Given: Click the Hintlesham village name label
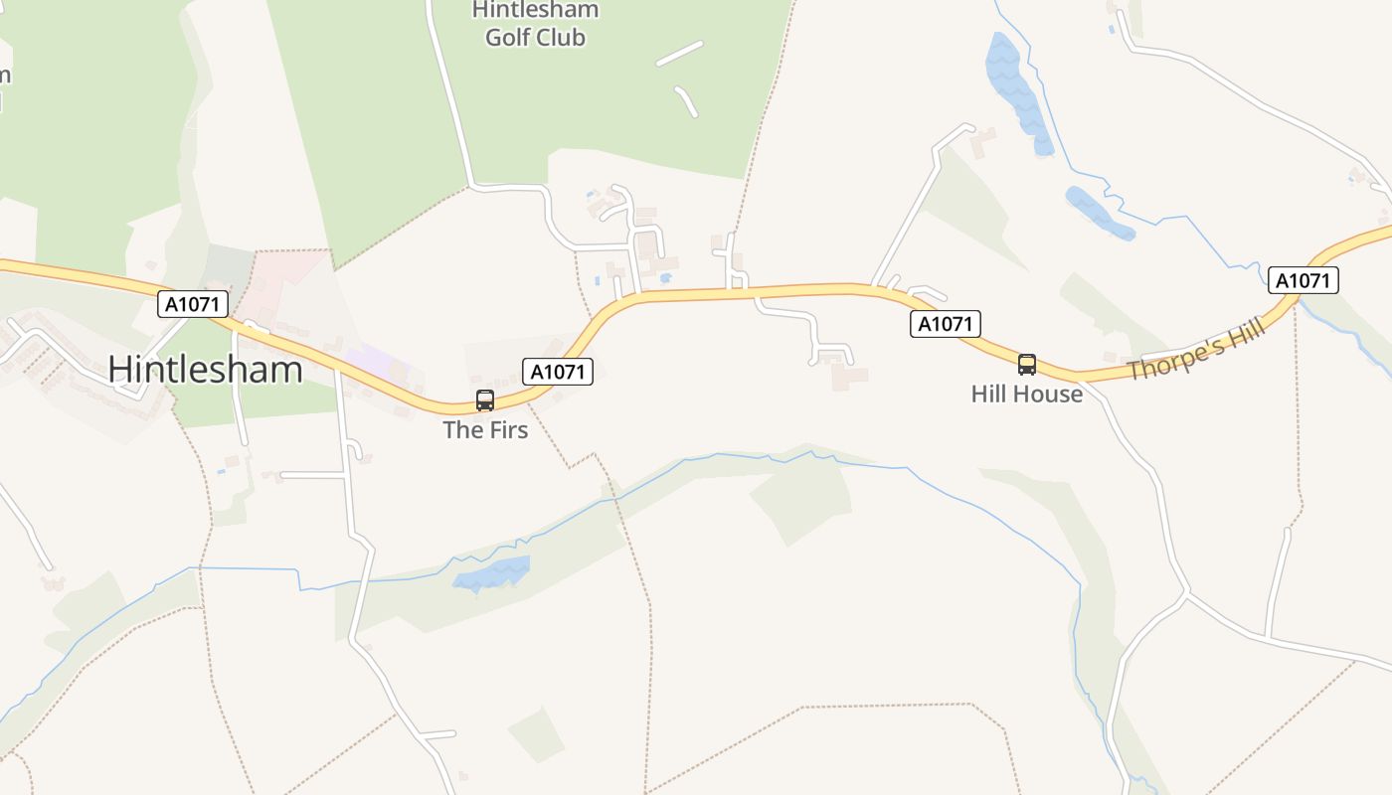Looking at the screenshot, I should tap(205, 369).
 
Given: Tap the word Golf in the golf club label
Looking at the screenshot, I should tap(510, 38).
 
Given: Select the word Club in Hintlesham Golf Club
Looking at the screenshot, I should tap(561, 38).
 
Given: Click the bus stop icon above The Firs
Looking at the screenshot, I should tap(485, 400).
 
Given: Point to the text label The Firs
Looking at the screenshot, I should tap(485, 430).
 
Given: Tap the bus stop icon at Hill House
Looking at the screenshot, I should tap(1027, 365).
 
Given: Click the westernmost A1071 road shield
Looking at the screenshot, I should tap(193, 304).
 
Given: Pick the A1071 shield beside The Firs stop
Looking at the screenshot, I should tap(558, 372).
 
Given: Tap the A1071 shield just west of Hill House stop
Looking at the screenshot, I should tap(946, 324).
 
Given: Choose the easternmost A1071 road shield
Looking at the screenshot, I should tap(1303, 280).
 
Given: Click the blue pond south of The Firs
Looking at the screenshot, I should tap(492, 573).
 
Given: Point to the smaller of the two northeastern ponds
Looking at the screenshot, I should tap(1099, 213).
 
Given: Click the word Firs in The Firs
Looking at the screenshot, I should tap(507, 430).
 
